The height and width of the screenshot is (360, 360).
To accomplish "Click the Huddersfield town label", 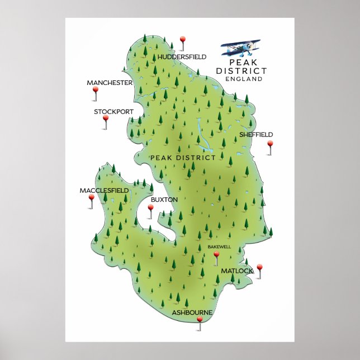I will pos(182,57).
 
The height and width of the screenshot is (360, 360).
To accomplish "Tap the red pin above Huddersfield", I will pos(182,40).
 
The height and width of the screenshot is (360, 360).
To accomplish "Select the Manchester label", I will pos(110,83).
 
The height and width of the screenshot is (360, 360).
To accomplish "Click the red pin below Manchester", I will pos(95,89).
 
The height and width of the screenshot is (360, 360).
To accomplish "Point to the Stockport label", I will pos(113,112).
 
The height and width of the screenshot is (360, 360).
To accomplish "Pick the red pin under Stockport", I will pos(105,119).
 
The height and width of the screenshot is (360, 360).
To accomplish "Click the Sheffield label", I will pos(256,135).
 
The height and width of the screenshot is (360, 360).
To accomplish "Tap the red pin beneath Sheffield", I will pos(270,144).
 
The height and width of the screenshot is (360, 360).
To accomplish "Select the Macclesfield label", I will pos(104,191).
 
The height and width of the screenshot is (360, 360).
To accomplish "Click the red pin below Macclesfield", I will pos(91,198).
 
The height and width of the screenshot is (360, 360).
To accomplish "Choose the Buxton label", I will pos(164,200).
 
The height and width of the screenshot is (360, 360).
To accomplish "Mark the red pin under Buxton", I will pos(150,208).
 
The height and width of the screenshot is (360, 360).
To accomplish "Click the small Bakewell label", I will pos(219,247).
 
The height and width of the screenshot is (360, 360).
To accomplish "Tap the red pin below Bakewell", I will pos(216,255).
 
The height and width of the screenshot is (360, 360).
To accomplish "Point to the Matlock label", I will pos(237,271).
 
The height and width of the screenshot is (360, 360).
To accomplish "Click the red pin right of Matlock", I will pos(259,268).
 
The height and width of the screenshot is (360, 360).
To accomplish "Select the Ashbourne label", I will pos(192,312).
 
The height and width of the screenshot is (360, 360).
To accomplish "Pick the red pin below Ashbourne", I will pos(200,320).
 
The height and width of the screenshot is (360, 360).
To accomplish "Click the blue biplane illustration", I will pos(241,48).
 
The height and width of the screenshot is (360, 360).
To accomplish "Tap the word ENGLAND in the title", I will pos(244,79).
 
